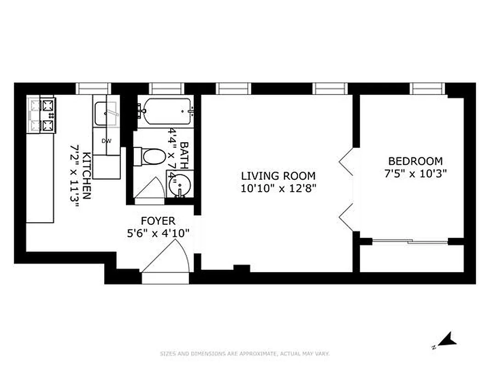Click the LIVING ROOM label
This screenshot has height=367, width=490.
(278, 176)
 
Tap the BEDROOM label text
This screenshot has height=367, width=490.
(415, 161)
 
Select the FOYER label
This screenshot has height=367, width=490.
(157, 222)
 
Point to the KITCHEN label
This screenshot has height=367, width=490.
(86, 176)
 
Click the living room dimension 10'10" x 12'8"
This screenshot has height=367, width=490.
(278, 188)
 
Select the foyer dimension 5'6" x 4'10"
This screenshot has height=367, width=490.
(157, 234)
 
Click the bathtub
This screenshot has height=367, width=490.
(166, 111)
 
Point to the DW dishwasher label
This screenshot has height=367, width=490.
(106, 141)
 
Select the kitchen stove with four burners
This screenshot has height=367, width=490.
(42, 115)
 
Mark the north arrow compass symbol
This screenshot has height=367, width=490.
(446, 340)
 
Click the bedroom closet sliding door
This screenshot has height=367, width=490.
(411, 241)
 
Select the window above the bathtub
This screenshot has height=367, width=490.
(166, 88)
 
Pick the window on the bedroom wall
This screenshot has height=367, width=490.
(428, 88)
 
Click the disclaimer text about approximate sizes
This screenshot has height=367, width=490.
(245, 354)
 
